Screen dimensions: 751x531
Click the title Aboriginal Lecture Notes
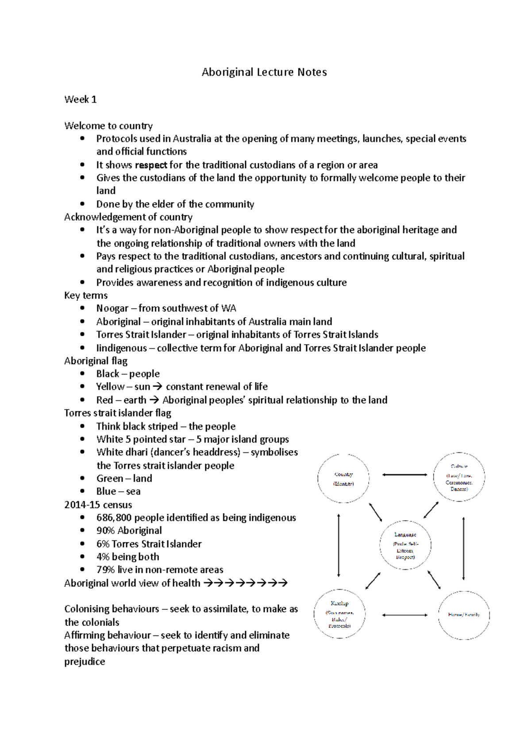[264, 72]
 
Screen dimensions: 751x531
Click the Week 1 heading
[81, 100]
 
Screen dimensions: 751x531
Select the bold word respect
[151, 165]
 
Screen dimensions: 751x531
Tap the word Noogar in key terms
[112, 308]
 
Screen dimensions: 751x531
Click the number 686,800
[114, 517]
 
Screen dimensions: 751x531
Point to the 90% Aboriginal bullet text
[129, 531]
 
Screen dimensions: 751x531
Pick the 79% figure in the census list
[105, 570]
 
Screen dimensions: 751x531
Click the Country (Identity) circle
[343, 478]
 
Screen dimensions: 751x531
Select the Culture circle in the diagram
[459, 477]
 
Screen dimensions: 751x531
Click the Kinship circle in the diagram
[339, 614]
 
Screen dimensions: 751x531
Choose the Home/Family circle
[463, 615]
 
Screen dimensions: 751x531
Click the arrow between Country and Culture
[404, 475]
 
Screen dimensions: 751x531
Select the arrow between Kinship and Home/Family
[404, 615]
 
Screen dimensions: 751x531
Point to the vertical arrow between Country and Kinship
[339, 545]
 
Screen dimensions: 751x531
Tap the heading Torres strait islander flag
[118, 413]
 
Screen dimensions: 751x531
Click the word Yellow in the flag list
[110, 387]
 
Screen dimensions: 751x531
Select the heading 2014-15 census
[98, 505]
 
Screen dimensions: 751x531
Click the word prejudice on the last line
[85, 662]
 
